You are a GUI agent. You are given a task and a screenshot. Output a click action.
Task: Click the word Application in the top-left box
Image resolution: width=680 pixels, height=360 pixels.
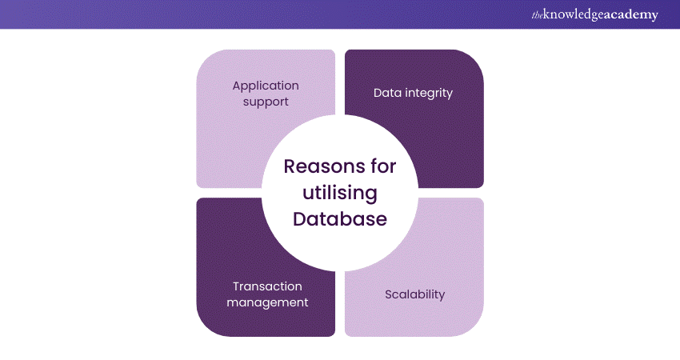coord(266,86)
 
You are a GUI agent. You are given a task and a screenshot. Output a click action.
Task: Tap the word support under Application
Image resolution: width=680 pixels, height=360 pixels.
coord(266,102)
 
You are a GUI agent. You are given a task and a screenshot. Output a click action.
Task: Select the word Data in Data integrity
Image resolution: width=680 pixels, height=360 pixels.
coord(387,93)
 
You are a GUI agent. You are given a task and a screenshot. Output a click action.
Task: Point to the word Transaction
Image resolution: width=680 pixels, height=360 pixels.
coord(267,286)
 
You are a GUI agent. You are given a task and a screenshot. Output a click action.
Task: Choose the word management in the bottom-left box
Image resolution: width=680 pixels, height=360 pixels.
coord(267,302)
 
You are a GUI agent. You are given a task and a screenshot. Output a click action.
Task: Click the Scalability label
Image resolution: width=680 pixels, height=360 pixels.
coord(414,294)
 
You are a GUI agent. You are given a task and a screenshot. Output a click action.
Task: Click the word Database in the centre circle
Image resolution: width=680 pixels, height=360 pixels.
coord(340,218)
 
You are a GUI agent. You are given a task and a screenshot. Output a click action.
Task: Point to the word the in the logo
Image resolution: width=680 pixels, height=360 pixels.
coord(537,14)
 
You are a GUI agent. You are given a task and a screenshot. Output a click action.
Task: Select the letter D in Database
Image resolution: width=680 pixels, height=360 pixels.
coord(299,218)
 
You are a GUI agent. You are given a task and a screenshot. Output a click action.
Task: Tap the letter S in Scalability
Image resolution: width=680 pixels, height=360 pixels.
coord(389,294)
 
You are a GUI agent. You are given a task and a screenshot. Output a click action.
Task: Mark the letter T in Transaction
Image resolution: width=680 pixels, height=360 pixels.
coord(236,286)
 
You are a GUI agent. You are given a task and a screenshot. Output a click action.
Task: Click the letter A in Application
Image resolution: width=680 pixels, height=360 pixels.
coord(236,86)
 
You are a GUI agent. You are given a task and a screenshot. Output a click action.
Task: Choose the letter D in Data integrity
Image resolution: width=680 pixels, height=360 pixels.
coord(378,93)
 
